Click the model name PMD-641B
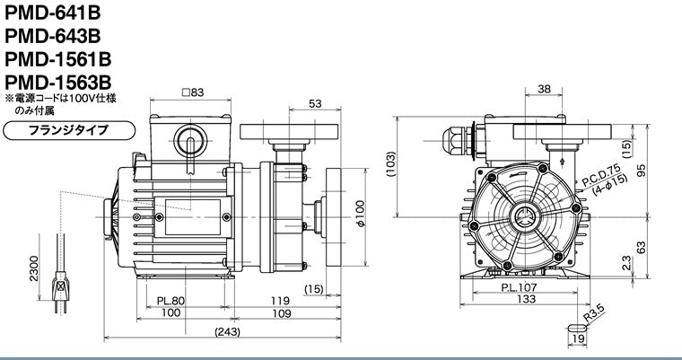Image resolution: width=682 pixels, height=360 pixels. tap(52, 13)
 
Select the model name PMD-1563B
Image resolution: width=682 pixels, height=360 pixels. tap(57, 82)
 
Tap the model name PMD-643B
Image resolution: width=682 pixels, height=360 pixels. tap(52, 36)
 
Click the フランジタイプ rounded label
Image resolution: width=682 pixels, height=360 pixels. tap(69, 130)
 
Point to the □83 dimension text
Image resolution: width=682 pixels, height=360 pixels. tap(193, 92)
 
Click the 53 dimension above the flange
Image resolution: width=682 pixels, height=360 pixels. tap(315, 103)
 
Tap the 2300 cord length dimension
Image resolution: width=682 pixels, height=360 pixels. tap(34, 268)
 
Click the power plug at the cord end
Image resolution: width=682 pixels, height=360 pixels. tap(60, 289)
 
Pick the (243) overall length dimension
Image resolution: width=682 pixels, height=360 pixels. tap(227, 331)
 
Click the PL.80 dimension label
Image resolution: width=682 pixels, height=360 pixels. tap(170, 301)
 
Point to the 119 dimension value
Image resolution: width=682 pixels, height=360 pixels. tap(280, 301)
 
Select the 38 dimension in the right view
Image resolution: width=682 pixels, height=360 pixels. tap(544, 89)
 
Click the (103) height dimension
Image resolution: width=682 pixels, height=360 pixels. tap(391, 164)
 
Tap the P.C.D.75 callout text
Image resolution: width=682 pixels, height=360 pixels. tap(600, 176)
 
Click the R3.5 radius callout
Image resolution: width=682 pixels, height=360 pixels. tap(595, 314)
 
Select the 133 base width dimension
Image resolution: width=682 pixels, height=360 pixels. tap(527, 299)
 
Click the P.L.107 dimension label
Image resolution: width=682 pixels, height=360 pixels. tap(519, 287)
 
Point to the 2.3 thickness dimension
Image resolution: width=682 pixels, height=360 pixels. tap(626, 263)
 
